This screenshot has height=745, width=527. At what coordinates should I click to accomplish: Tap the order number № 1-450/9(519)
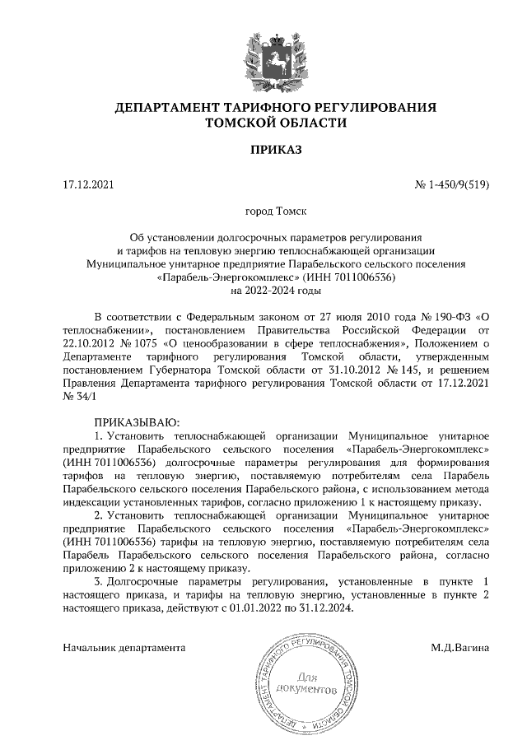click(x=452, y=184)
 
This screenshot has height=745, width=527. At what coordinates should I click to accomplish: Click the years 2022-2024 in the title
click(x=264, y=291)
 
